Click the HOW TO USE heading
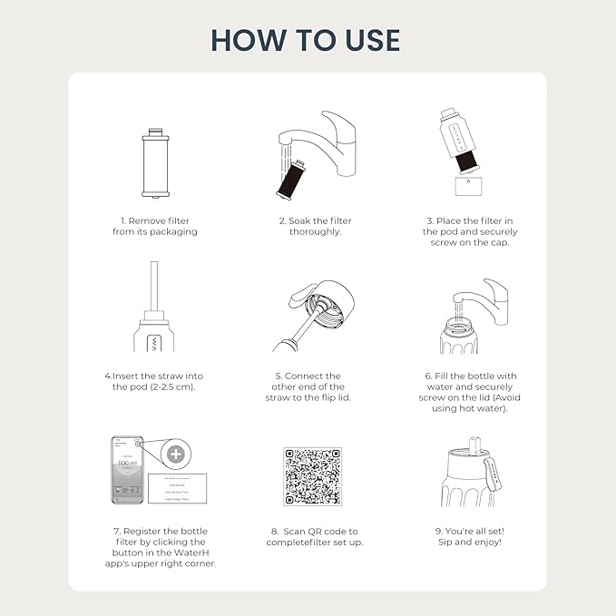click(306, 39)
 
